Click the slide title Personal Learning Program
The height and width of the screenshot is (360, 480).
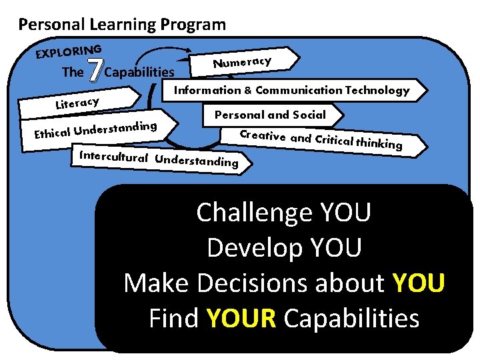[x=122, y=25]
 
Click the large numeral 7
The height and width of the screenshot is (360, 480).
[x=96, y=70]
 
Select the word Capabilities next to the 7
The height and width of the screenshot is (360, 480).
[x=140, y=72]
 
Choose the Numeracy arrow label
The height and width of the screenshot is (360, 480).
[x=242, y=62]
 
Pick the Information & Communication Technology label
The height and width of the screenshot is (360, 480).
[x=291, y=90]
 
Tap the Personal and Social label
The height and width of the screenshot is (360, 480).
[x=270, y=115]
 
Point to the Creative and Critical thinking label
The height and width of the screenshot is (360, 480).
[x=321, y=139]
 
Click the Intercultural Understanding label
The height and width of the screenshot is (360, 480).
[x=158, y=159]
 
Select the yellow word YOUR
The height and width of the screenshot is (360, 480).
[x=241, y=319]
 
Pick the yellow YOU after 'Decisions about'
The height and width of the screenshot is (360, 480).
[x=419, y=283]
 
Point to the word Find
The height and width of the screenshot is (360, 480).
[x=174, y=319]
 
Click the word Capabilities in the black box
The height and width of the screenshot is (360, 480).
[x=351, y=319]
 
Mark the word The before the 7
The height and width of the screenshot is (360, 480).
[x=73, y=72]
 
